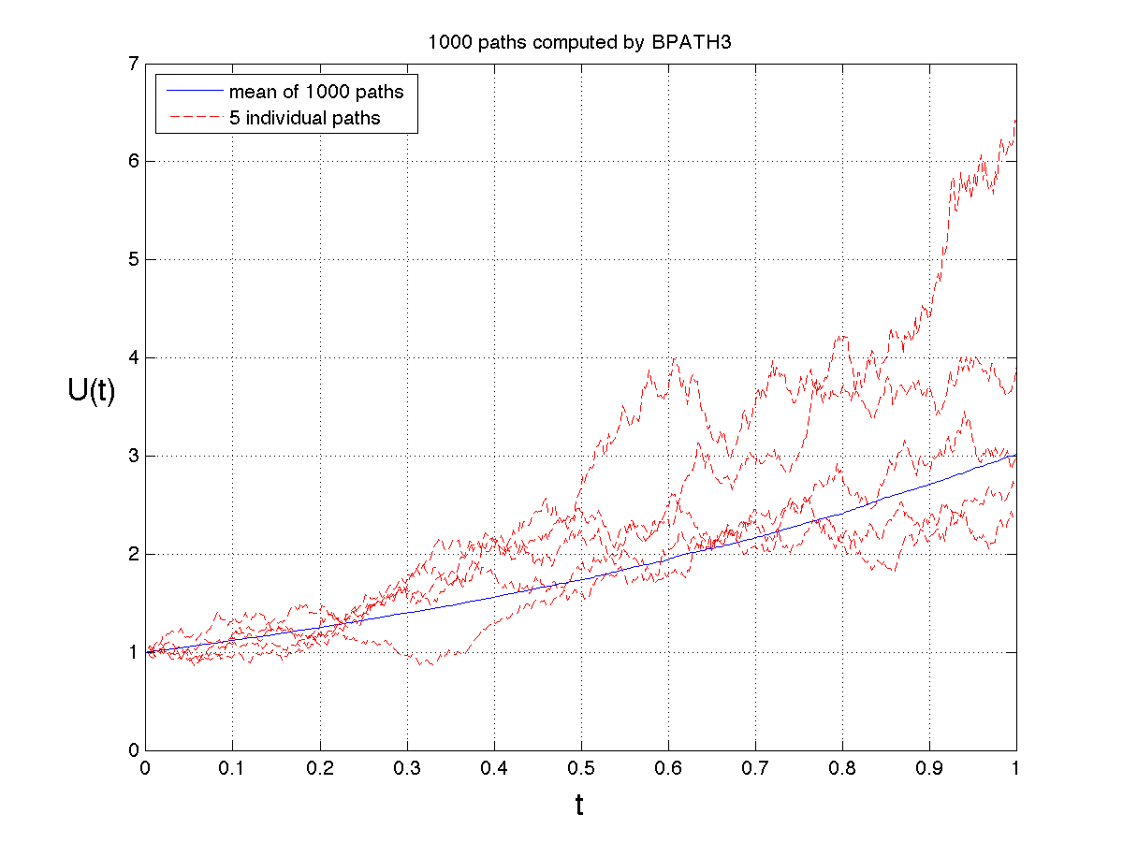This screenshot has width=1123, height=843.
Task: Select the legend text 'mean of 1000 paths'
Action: point(316,92)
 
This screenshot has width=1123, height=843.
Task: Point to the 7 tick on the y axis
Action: point(134,64)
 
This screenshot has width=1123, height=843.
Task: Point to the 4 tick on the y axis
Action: point(134,358)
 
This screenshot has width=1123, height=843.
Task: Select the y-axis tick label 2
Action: point(134,555)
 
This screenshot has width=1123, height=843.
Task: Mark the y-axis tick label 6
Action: point(134,162)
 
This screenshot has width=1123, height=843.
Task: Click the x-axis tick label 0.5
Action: point(580,768)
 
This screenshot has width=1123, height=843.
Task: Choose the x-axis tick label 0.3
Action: point(406,768)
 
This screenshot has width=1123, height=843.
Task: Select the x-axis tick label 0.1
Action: point(232,768)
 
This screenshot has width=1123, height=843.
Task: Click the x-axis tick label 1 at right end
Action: point(1015,768)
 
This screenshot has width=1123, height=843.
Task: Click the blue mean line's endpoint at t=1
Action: point(1015,456)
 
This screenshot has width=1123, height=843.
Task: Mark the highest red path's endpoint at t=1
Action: point(1015,121)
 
